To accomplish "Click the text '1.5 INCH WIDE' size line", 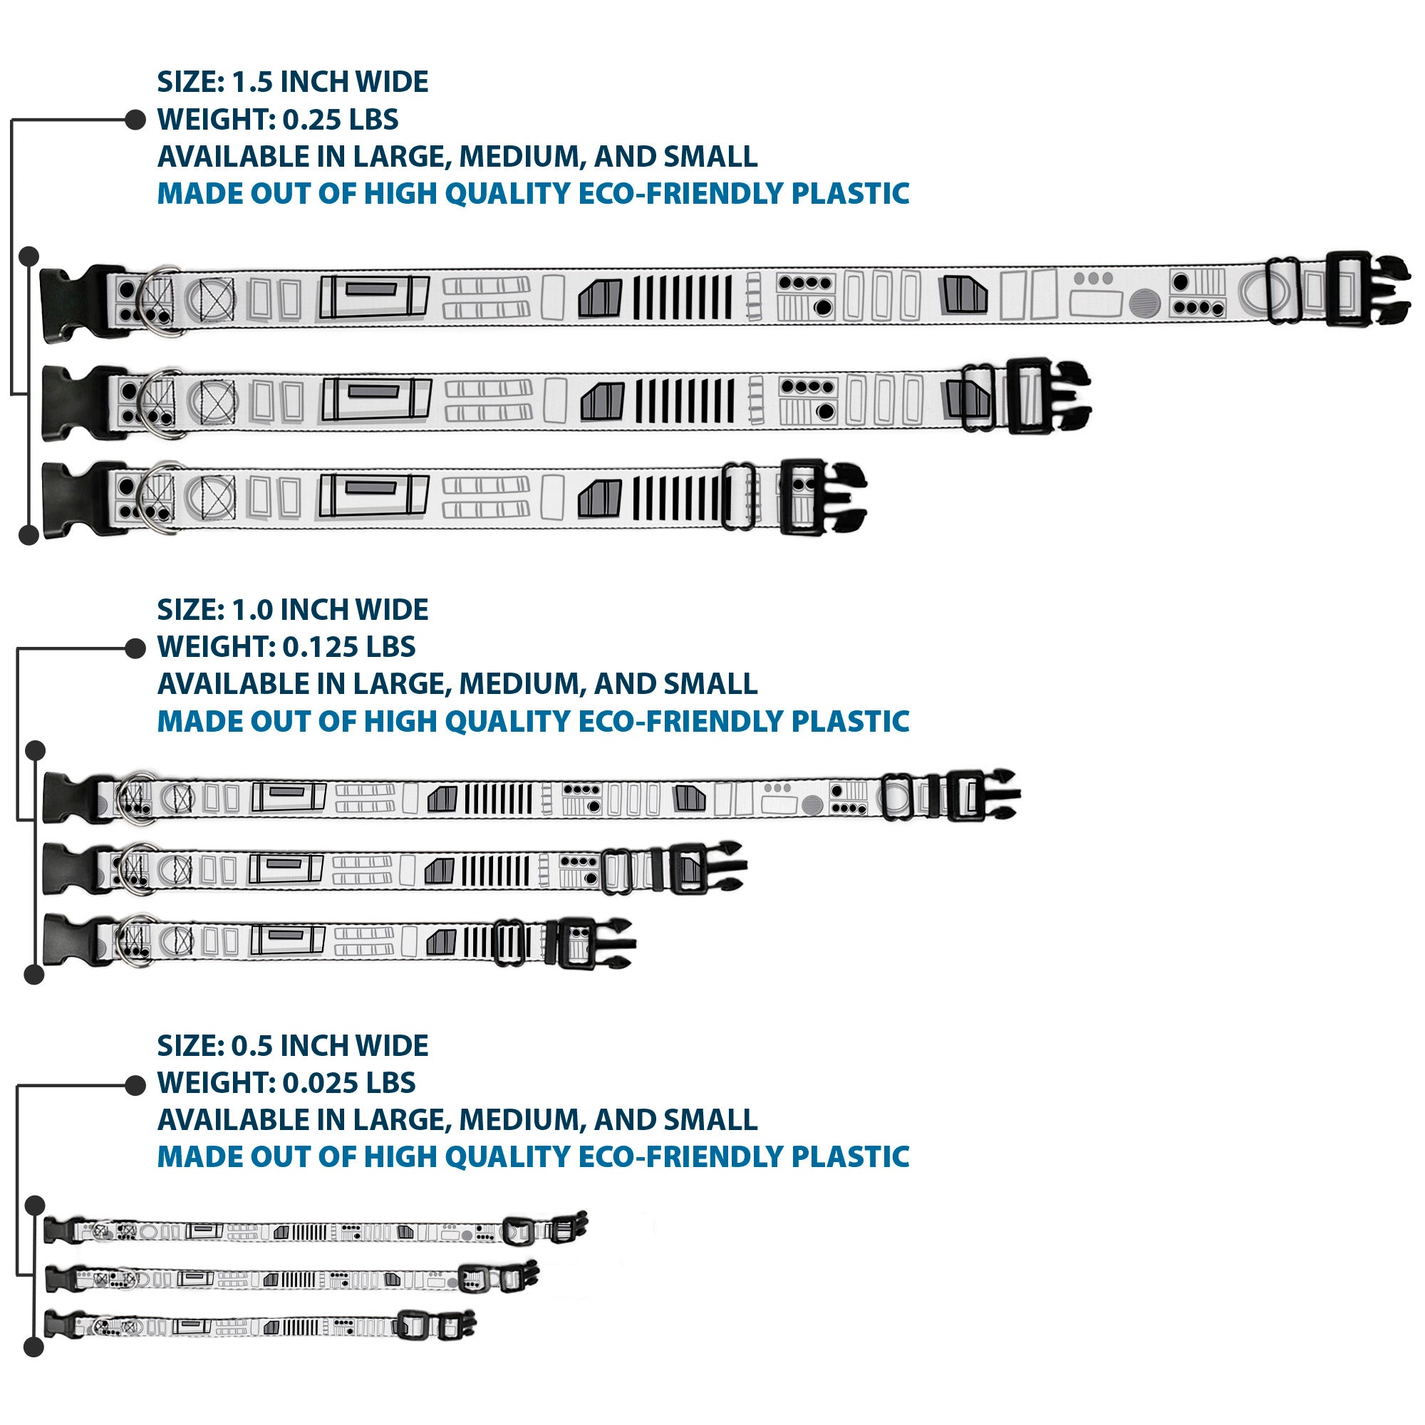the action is [330, 82].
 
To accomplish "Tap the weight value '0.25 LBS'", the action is [341, 120].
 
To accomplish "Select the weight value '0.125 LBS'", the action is [350, 647].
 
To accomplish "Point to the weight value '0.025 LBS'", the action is [350, 1083].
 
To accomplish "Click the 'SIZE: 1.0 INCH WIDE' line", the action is [293, 610].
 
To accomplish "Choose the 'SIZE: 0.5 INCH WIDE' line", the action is [293, 1046].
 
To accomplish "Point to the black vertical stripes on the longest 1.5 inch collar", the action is [683, 297].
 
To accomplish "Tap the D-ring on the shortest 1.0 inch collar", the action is [135, 940].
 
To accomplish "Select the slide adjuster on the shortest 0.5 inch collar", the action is [412, 1325].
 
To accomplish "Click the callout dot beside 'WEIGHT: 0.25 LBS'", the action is [135, 120].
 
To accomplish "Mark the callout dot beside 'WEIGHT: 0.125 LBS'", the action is [135, 648].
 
